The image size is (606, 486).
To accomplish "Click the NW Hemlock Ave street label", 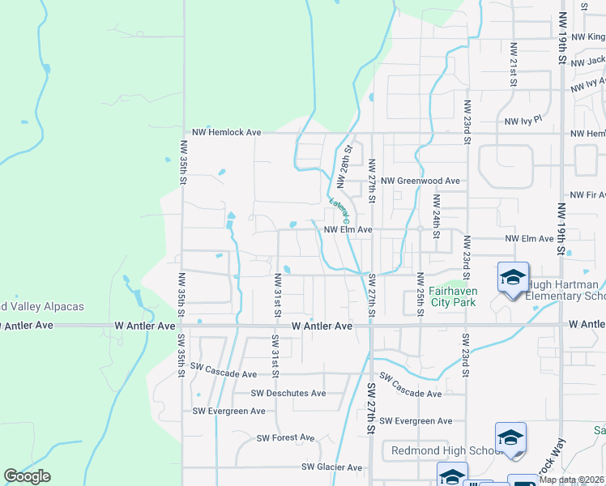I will pyautogui.click(x=226, y=132).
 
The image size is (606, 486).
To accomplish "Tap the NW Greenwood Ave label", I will pyautogui.click(x=420, y=181).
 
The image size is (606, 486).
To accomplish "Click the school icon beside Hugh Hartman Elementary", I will pyautogui.click(x=513, y=278).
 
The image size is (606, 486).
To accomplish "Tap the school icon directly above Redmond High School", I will pyautogui.click(x=510, y=438).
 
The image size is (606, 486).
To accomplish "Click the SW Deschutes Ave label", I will pyautogui.click(x=288, y=394).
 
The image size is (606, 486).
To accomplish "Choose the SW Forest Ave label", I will pyautogui.click(x=285, y=438).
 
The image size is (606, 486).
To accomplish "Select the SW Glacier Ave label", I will pyautogui.click(x=332, y=467).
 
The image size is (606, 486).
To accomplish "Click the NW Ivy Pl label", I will pyautogui.click(x=522, y=122).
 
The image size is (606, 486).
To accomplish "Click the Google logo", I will pyautogui.click(x=27, y=476).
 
